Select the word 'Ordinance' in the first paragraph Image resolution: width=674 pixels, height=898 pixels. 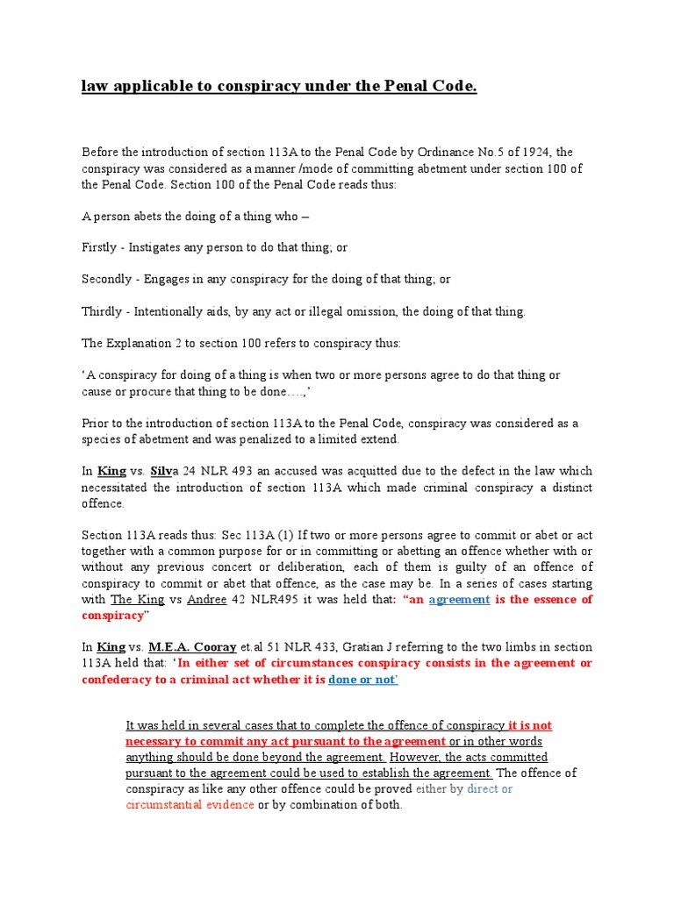(441, 152)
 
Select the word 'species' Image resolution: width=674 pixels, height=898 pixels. (102, 438)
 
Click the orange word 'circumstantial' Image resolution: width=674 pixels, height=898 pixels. (168, 804)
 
